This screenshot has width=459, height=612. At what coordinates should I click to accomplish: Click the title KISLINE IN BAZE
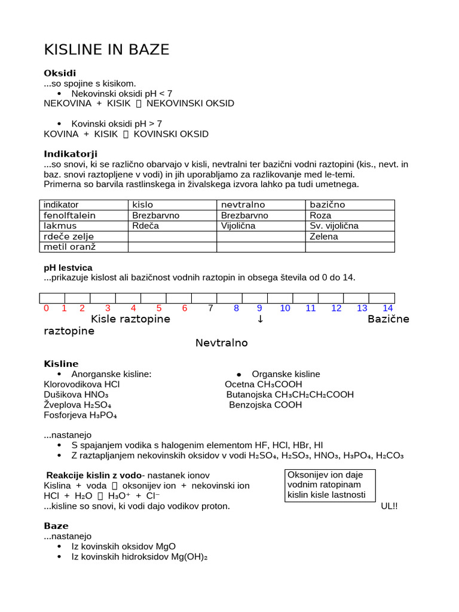[107, 50]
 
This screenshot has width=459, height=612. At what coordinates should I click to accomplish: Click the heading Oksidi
[60, 73]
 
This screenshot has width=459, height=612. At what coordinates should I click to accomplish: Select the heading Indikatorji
[71, 154]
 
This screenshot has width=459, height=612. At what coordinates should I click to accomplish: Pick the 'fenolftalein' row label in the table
[69, 215]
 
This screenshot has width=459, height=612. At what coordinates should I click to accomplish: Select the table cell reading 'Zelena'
[324, 237]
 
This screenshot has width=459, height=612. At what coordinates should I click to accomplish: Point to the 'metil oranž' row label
[69, 247]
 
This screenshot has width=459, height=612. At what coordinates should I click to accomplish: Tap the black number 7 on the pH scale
[210, 308]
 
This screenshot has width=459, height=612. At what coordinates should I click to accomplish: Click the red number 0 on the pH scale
[47, 308]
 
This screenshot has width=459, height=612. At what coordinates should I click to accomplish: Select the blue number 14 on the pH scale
[388, 308]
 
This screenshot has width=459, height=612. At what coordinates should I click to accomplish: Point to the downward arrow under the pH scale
[260, 319]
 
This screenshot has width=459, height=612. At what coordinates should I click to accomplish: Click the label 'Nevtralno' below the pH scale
[222, 343]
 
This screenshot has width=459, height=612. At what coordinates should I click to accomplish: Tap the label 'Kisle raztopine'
[130, 319]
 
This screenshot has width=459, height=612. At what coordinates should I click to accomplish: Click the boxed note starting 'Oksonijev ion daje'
[331, 485]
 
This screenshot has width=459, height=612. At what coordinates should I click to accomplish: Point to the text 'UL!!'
[389, 506]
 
